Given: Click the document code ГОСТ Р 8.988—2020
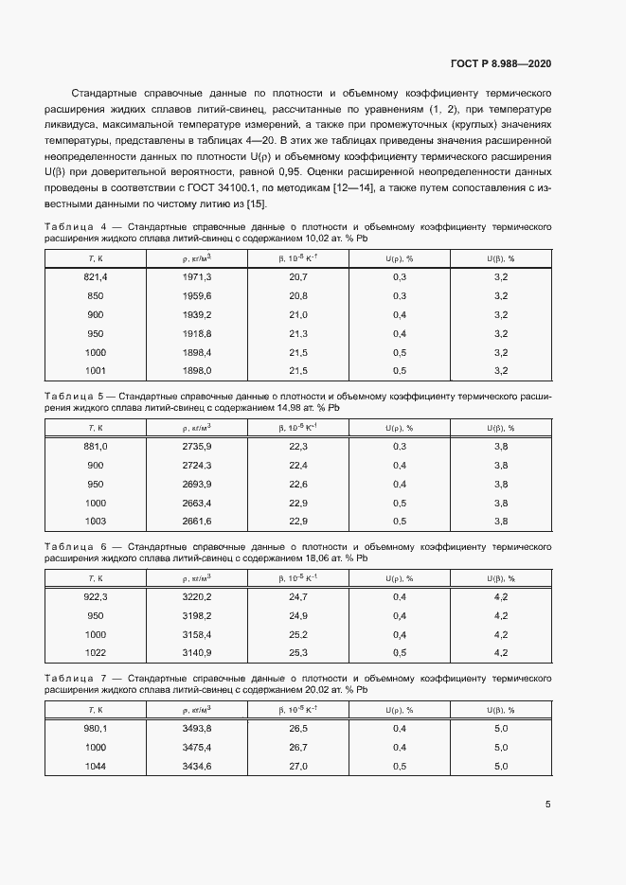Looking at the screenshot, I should coord(500,63).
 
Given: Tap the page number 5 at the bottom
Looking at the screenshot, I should coord(548,805).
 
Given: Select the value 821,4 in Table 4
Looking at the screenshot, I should coord(97,276).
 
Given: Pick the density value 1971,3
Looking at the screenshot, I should coord(197,276).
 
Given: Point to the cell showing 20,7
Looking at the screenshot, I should coord(298,276).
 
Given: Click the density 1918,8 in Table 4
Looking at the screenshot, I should coord(197,333).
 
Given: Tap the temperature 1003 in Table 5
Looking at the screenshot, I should coord(96,522).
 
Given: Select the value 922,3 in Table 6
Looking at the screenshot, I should coord(97,597).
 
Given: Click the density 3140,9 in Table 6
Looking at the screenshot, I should coord(197,653).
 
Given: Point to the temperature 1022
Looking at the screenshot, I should coord(96,653).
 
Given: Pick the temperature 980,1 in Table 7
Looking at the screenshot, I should coord(97,729).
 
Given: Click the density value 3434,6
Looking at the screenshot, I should coord(197,767).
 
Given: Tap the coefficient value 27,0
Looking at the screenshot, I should coord(298,767).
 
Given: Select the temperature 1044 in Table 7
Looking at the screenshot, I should coord(96,767).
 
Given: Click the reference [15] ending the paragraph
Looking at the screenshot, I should coord(257,204).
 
